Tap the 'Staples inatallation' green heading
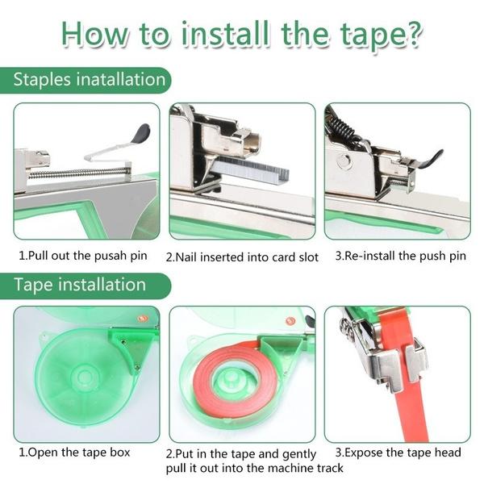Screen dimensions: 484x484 coord(90,80)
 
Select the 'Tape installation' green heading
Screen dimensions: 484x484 coord(79,285)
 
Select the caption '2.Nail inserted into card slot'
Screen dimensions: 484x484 coord(242,257)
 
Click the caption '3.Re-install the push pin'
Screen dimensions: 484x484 coord(400,256)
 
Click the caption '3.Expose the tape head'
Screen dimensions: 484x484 coord(398,452)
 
